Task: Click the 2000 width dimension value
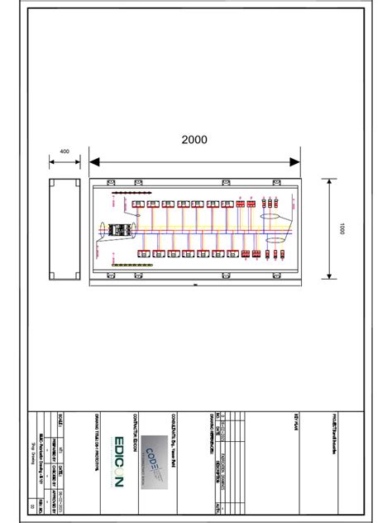coord(194,140)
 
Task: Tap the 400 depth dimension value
coord(64,151)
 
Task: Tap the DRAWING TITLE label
coord(97,439)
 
